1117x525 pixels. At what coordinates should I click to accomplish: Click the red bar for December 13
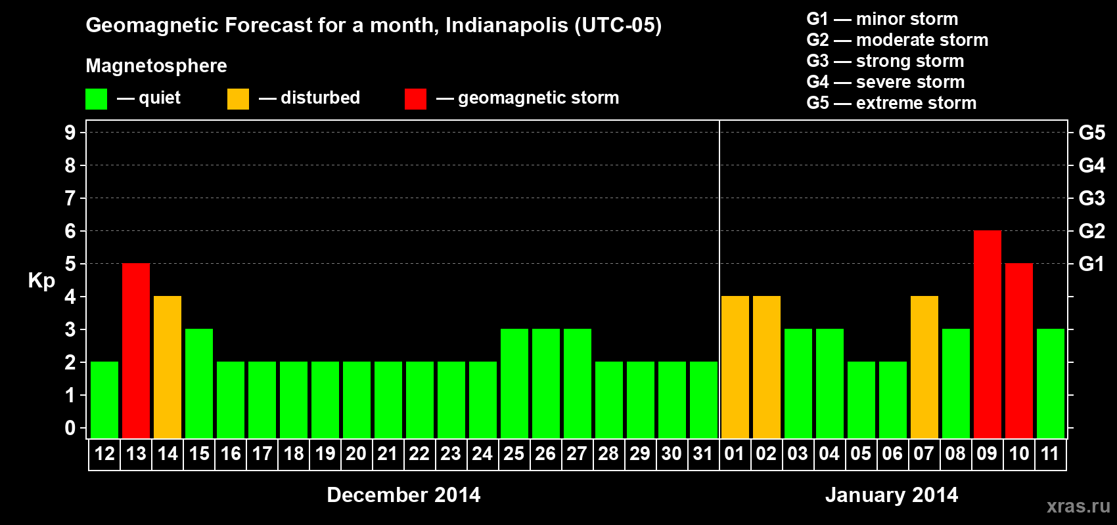tap(136, 350)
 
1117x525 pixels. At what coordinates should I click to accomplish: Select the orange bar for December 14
tap(168, 367)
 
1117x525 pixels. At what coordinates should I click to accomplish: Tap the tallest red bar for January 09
tap(987, 334)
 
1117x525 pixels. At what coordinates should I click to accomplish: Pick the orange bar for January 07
tap(924, 367)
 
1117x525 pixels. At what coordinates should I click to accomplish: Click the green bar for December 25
tap(514, 383)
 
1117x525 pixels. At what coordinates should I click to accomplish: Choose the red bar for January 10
tap(1018, 350)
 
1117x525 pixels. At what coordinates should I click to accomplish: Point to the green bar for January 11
tap(1050, 383)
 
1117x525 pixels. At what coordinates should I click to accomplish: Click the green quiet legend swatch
tap(97, 99)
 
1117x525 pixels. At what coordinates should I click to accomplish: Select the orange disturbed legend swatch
tap(238, 99)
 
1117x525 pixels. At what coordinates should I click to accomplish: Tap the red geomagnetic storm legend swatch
tap(415, 99)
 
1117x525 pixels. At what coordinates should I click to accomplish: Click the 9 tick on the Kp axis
tap(70, 133)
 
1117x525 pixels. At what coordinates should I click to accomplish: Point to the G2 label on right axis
tap(1091, 231)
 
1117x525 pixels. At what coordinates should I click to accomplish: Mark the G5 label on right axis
tap(1091, 133)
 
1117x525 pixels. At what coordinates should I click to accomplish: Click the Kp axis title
tap(41, 281)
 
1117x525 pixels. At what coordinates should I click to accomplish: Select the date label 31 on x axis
tap(703, 453)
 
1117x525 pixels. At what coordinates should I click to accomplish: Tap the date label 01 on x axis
tap(735, 453)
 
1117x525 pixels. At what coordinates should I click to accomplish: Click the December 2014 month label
tap(403, 495)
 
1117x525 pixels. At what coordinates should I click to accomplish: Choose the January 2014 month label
tap(892, 495)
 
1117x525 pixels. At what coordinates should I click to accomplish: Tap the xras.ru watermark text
tap(1078, 505)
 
